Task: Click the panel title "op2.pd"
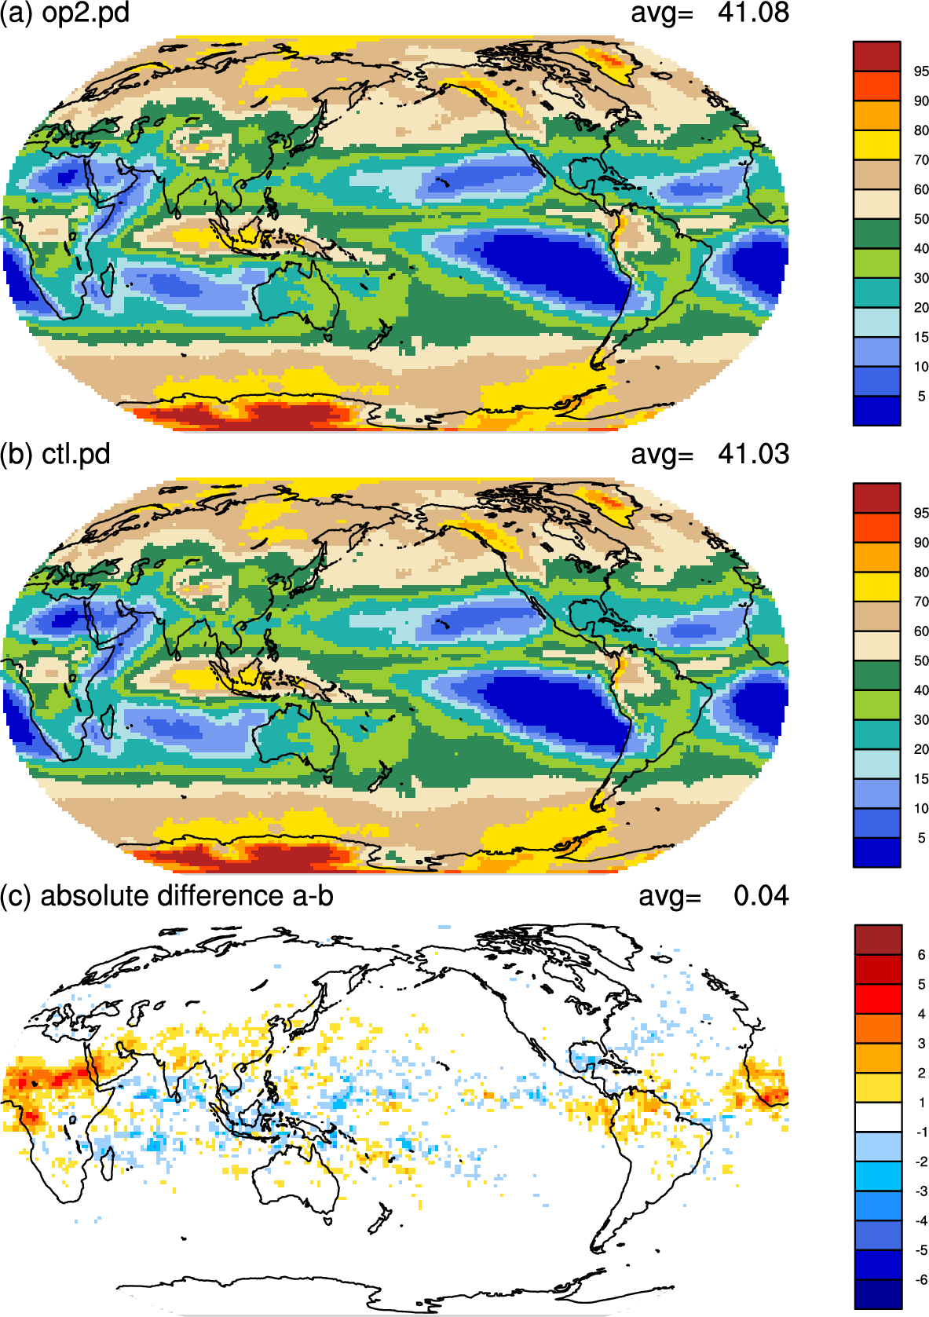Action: (x=86, y=13)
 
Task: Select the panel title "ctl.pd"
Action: (x=76, y=455)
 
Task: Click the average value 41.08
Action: (x=753, y=13)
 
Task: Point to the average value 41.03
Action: (x=753, y=455)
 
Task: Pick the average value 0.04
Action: (x=762, y=896)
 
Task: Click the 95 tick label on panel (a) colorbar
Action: (x=921, y=71)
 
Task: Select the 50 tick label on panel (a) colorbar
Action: (x=921, y=219)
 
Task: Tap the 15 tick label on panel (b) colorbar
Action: (x=921, y=779)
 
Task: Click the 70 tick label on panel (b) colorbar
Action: (x=921, y=602)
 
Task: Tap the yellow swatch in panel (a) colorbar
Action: (x=876, y=145)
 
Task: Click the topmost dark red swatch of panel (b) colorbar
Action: (x=876, y=498)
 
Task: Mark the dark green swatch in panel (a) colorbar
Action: (x=876, y=234)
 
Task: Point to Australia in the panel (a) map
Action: (x=297, y=300)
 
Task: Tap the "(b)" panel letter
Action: (x=16, y=455)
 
